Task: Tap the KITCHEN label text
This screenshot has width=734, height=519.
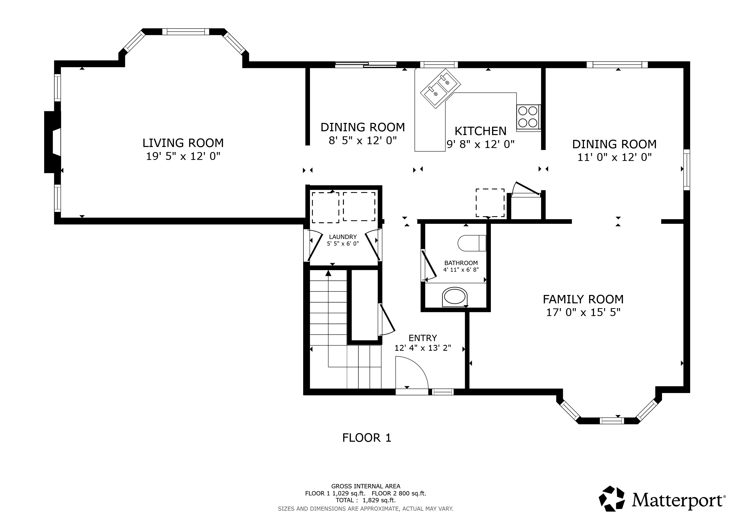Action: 481,131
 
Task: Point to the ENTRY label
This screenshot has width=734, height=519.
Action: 423,338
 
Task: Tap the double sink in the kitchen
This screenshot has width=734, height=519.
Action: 441,88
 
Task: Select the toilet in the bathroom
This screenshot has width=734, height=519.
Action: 472,243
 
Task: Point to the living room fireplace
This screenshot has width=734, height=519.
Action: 52,142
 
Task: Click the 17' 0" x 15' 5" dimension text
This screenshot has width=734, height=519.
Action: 583,312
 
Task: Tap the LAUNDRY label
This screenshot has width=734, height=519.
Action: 343,237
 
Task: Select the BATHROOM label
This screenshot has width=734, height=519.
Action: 461,263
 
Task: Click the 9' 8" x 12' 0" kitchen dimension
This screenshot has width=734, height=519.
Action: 481,144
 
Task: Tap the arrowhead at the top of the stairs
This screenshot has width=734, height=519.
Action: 328,273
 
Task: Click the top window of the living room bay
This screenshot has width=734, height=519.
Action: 186,32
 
